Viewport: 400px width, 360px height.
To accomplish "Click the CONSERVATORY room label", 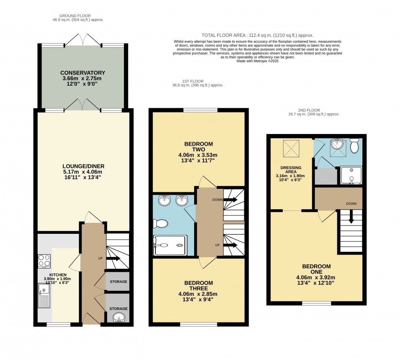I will [82, 73].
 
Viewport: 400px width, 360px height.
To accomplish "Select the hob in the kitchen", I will [44, 261].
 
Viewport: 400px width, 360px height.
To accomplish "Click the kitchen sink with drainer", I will [44, 295].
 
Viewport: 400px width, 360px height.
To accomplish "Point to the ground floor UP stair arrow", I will [114, 259].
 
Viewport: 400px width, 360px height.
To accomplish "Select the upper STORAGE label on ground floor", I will [118, 282].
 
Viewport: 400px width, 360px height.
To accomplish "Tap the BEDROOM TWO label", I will [198, 146].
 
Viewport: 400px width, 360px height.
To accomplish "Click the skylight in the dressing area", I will [291, 148].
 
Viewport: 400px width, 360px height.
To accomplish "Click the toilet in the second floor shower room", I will [354, 147].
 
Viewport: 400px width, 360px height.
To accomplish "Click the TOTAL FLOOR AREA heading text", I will [257, 35].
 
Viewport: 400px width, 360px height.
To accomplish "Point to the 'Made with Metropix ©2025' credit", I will [258, 61].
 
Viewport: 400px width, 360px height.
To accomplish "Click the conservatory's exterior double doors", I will [82, 40].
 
